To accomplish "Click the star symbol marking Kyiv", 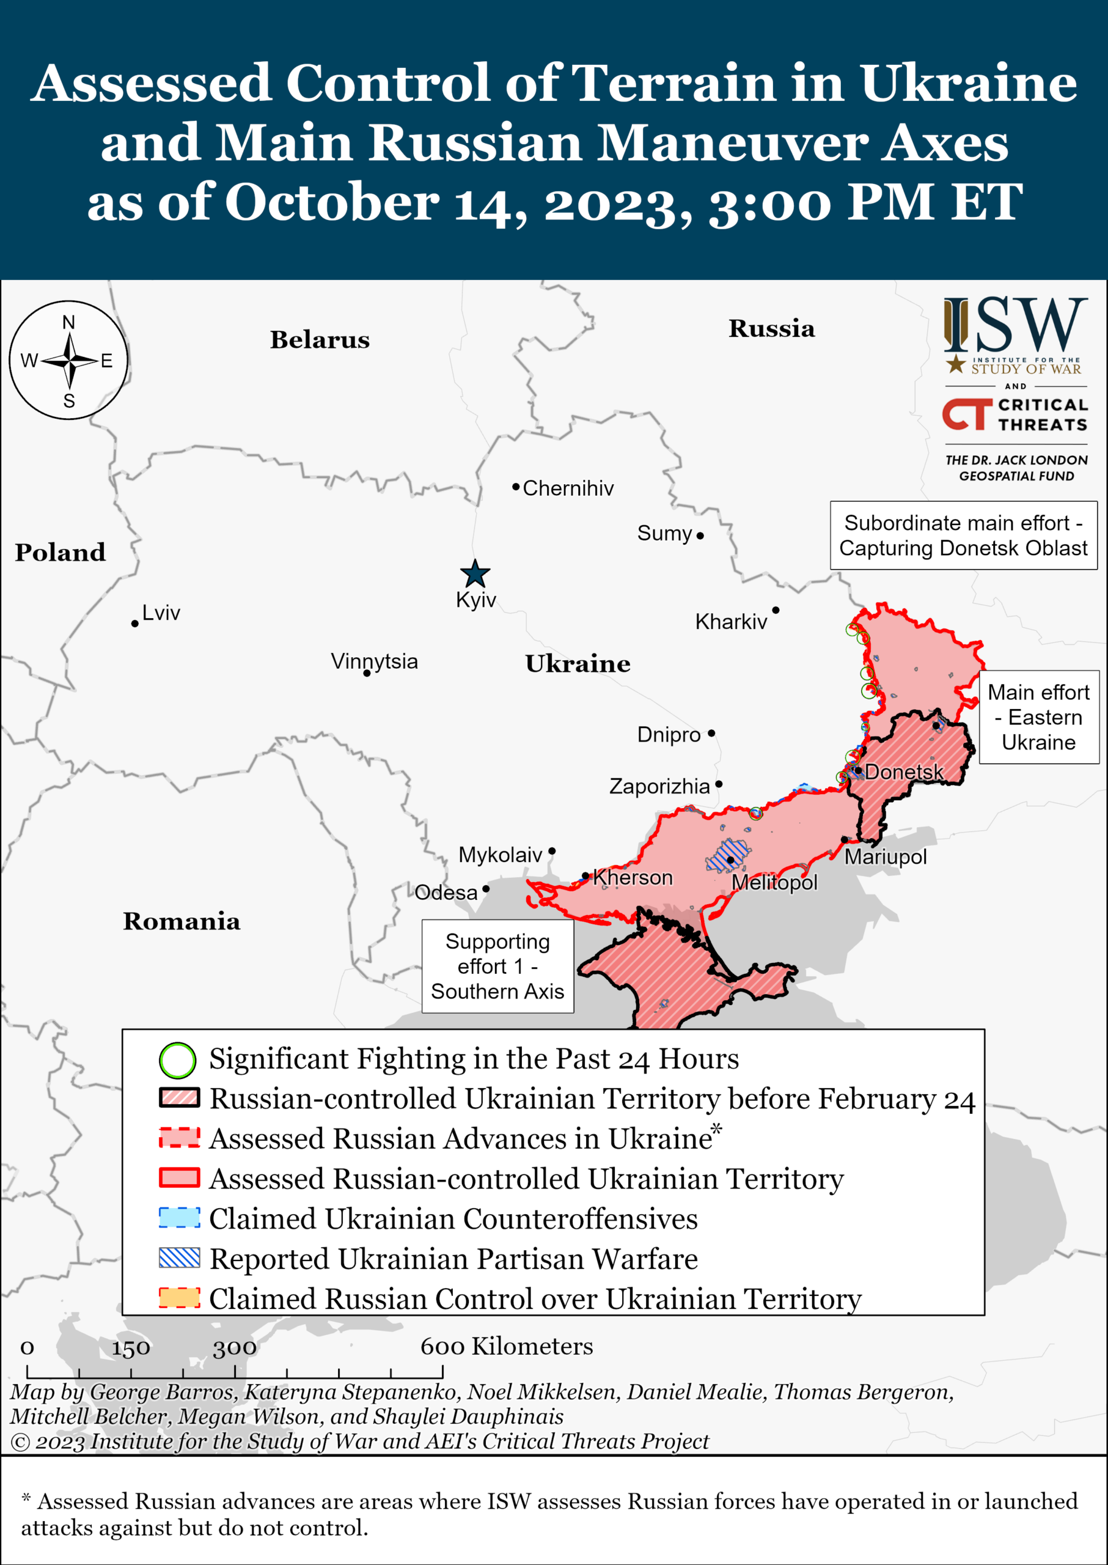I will pyautogui.click(x=475, y=574).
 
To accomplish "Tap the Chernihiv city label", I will pyautogui.click(x=568, y=488).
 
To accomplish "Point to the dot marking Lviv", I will pyautogui.click(x=135, y=624).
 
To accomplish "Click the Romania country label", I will pyautogui.click(x=182, y=921).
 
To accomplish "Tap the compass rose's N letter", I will pyautogui.click(x=68, y=322).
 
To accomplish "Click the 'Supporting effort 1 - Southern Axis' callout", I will pyautogui.click(x=497, y=967).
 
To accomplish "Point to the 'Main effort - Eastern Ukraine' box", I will pyautogui.click(x=1038, y=716).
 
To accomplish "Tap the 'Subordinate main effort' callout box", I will pyautogui.click(x=963, y=536).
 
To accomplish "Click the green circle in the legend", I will pyautogui.click(x=177, y=1060).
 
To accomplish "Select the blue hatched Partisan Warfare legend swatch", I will pyautogui.click(x=180, y=1258).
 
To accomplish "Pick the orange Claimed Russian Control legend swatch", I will pyautogui.click(x=180, y=1298).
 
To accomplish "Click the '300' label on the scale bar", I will pyautogui.click(x=235, y=1347).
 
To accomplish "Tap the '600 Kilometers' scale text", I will pyautogui.click(x=506, y=1346).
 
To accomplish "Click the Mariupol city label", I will pyautogui.click(x=886, y=857).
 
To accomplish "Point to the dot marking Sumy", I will pyautogui.click(x=700, y=536).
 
